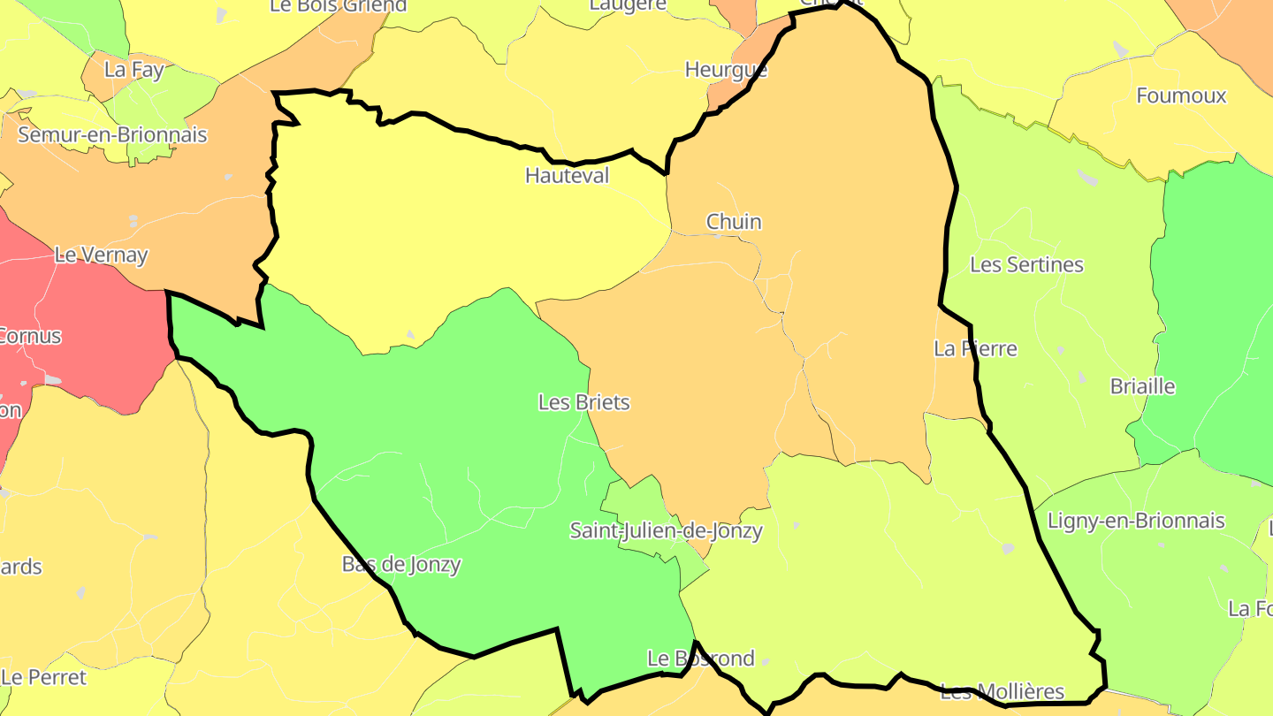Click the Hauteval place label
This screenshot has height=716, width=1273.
point(567,175)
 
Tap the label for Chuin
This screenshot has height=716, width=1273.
point(733,221)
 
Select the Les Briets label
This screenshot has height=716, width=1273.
point(583,402)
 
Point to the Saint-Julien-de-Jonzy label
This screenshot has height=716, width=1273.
point(666,530)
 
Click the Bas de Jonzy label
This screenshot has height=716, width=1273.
point(401,564)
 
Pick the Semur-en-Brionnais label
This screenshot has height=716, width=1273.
point(112,134)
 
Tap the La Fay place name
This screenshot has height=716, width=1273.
point(133,69)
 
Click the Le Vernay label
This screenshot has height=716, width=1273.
point(101,255)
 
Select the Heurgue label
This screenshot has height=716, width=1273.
point(726,69)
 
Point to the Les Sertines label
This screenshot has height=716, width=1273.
point(1026,264)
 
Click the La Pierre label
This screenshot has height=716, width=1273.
point(975,348)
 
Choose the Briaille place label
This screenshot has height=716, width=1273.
point(1142,386)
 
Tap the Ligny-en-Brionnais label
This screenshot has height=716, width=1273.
point(1136,521)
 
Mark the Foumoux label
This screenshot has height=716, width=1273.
point(1181,95)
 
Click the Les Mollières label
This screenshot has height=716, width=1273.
point(1002,691)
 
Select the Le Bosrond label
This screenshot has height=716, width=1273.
point(701,659)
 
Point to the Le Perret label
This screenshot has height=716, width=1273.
point(44,677)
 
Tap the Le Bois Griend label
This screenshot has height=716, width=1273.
point(338,6)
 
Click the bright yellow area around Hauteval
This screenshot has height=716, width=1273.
point(424,230)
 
